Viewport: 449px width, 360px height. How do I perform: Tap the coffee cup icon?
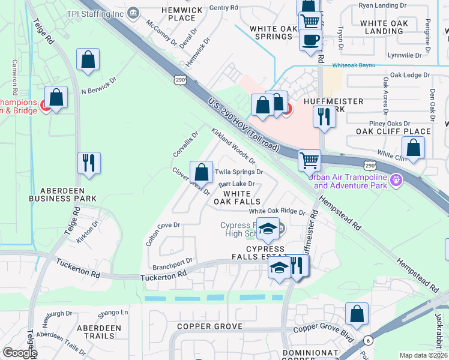click(x=310, y=40)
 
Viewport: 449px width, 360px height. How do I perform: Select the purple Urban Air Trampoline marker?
click(x=396, y=179)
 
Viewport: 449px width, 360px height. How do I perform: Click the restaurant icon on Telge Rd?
click(x=89, y=163)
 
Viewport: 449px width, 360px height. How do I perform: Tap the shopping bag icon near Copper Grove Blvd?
click(x=357, y=314)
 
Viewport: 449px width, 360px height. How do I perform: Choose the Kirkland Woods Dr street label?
click(x=233, y=145)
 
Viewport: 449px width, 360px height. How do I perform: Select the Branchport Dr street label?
click(x=172, y=261)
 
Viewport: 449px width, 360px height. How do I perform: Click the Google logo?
click(x=20, y=353)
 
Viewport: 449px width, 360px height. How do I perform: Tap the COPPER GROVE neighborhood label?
click(x=209, y=326)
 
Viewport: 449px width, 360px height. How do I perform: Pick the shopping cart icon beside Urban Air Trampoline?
click(x=309, y=160)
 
